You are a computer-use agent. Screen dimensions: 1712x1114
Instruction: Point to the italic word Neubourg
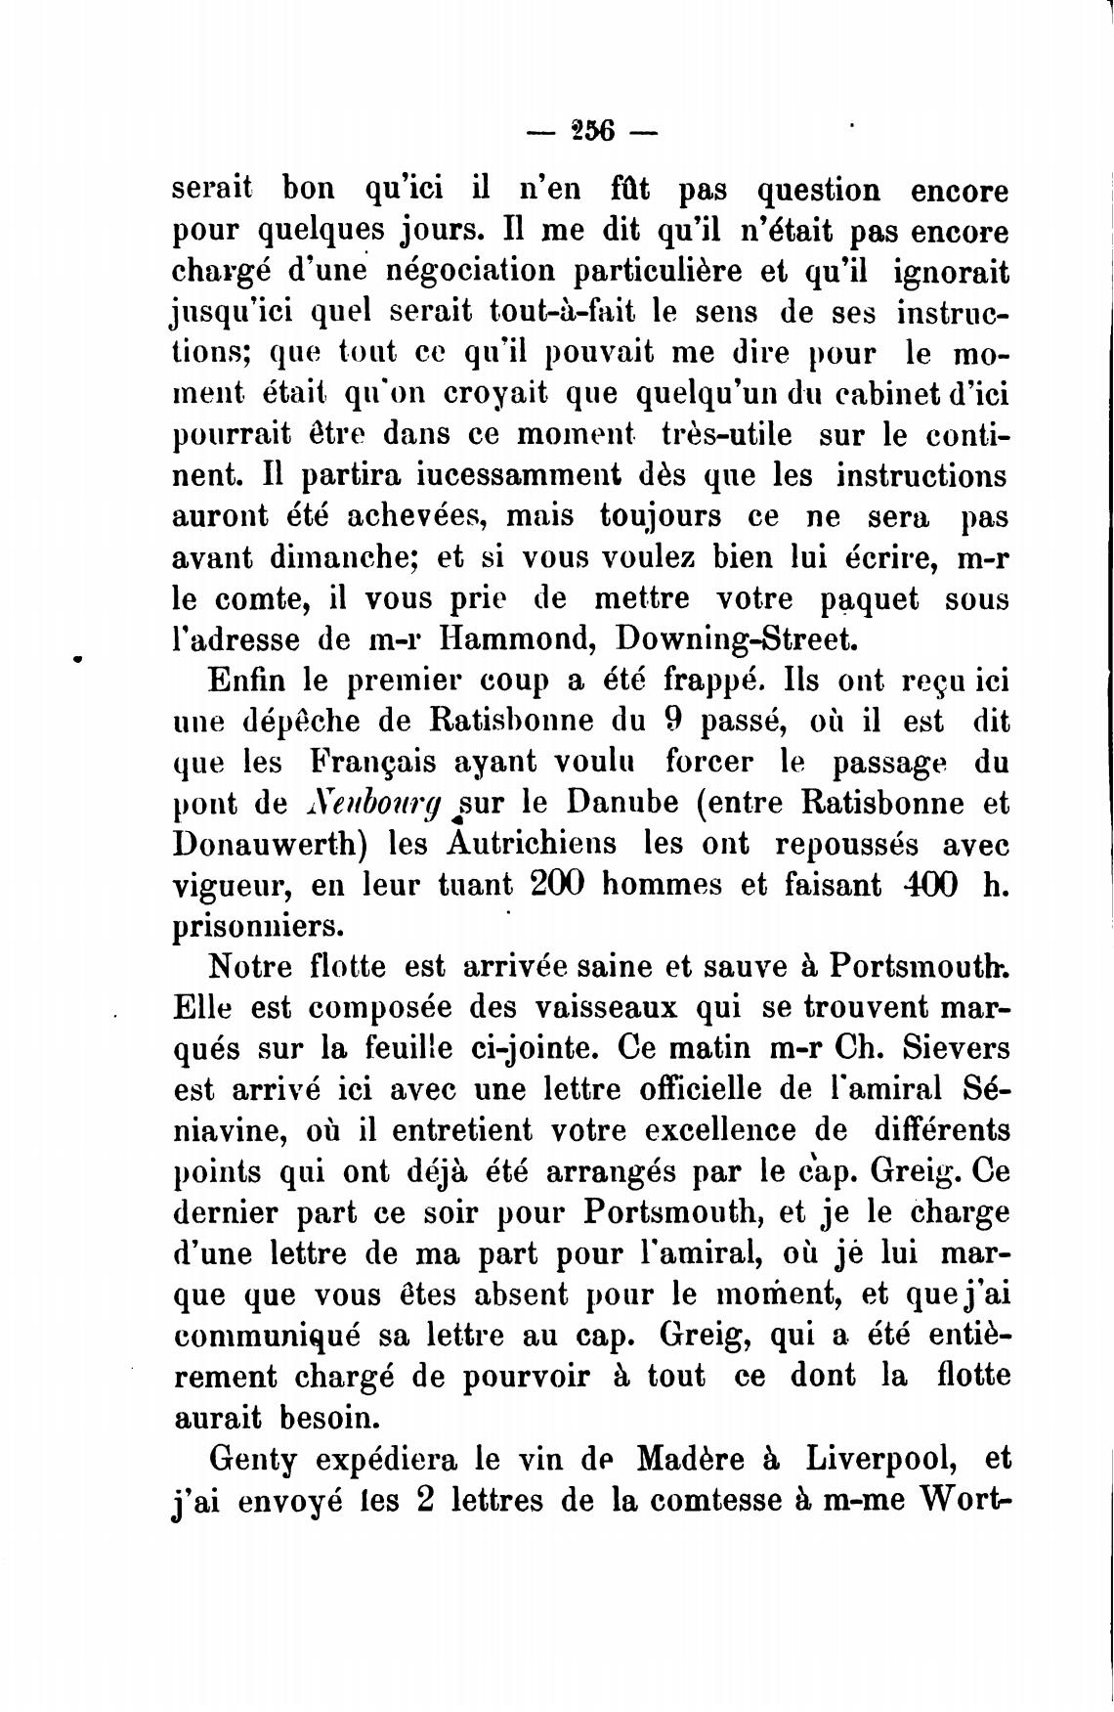coord(374,804)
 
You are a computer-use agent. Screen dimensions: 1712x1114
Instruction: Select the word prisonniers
coord(258,925)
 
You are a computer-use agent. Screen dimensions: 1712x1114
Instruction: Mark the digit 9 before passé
coord(670,722)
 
